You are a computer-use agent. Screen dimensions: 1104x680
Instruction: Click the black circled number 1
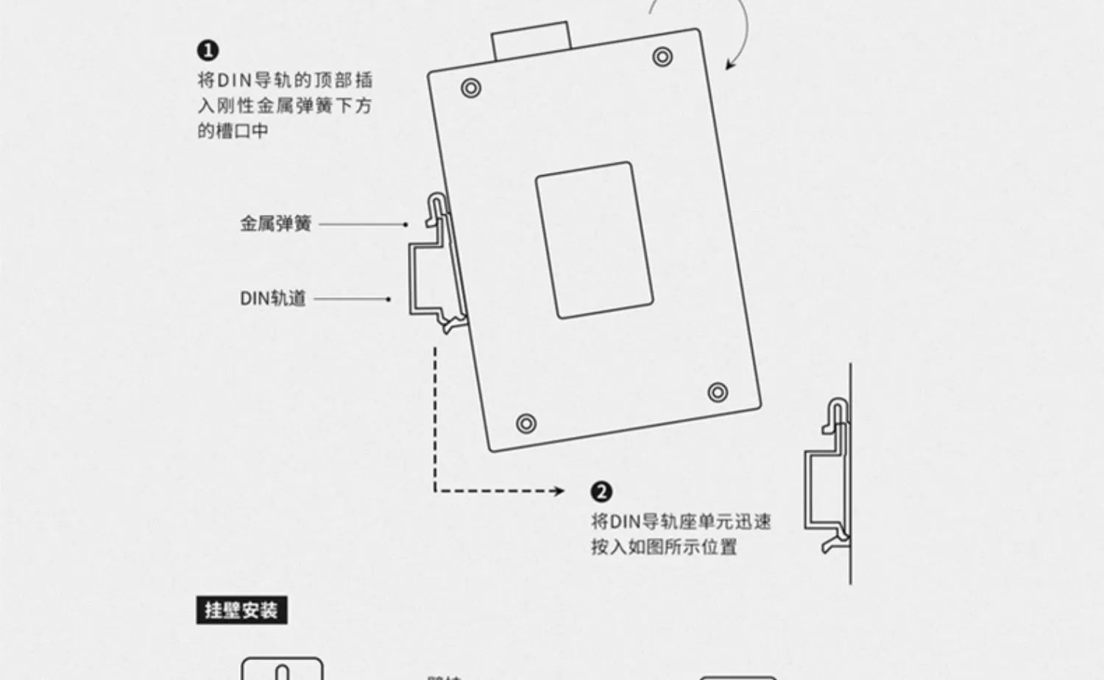point(208,51)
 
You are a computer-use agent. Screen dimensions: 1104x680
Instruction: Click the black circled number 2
point(601,492)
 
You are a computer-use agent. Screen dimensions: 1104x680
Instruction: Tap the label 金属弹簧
point(276,224)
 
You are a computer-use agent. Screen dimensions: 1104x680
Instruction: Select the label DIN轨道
point(272,299)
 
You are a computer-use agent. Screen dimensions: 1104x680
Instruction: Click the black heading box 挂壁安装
point(241,611)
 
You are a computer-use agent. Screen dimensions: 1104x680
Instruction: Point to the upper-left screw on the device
point(471,88)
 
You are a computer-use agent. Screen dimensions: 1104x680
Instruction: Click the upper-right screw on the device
point(662,56)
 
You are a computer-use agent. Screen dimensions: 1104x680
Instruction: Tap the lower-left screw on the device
point(526,423)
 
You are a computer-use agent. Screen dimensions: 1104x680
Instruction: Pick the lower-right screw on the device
point(718,392)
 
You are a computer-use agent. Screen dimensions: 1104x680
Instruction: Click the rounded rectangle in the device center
point(595,240)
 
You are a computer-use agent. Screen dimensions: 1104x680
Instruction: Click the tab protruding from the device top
point(531,40)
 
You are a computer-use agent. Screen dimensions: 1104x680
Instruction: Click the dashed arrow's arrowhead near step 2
point(560,491)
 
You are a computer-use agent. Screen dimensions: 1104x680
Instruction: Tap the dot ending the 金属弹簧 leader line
point(406,224)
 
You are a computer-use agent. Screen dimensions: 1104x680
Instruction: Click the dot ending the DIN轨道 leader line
point(389,299)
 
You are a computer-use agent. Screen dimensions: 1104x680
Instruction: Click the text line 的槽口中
point(233,132)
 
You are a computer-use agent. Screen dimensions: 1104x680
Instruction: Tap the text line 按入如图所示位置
point(664,548)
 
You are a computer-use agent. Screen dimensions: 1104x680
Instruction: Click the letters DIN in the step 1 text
point(235,80)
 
